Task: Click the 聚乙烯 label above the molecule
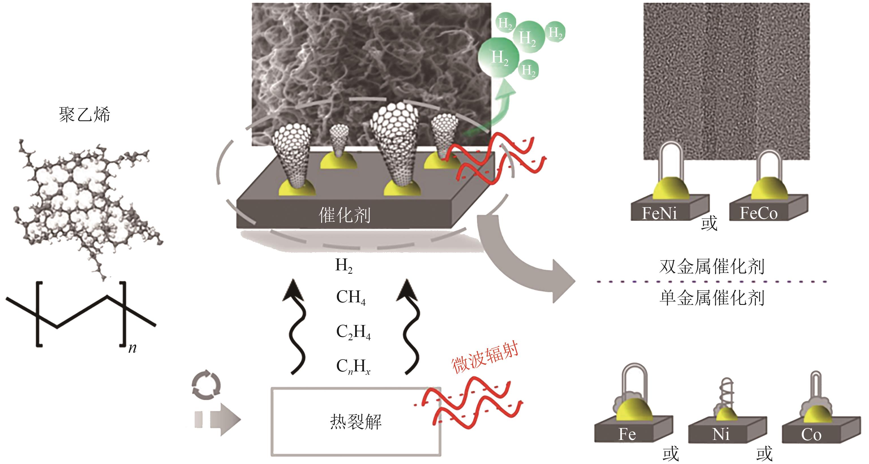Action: coord(84,115)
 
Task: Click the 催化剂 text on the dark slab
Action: coord(344,215)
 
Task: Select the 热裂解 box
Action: coord(356,422)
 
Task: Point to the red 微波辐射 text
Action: coord(485,359)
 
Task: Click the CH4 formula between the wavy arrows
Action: coord(351,297)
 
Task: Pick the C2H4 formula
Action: coord(353,332)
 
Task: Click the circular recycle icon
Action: coord(206,385)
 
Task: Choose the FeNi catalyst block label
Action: coord(659,213)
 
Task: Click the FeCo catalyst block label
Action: coord(758,213)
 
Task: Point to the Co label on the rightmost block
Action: coord(811,435)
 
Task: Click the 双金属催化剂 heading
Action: coord(712,267)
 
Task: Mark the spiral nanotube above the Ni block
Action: coord(726,393)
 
